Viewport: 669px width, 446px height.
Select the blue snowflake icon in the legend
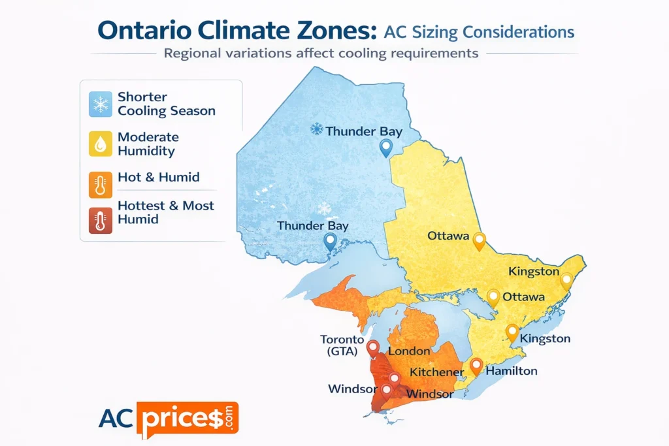point(101,104)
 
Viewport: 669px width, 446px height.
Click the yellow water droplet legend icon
point(101,144)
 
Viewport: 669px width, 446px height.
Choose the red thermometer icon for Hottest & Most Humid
point(101,220)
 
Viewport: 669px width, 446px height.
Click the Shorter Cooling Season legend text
point(166,104)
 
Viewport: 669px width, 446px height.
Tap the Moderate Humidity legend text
point(148,144)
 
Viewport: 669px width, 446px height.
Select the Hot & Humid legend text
point(158,177)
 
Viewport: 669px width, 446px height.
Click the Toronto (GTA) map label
point(341,345)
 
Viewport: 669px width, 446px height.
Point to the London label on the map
point(409,351)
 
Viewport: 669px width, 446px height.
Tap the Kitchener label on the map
point(436,372)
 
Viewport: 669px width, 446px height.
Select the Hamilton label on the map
point(512,371)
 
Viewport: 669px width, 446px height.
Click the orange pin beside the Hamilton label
point(476,365)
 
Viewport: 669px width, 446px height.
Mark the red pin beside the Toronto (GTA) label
point(372,347)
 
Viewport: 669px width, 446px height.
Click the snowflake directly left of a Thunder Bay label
point(316,130)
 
